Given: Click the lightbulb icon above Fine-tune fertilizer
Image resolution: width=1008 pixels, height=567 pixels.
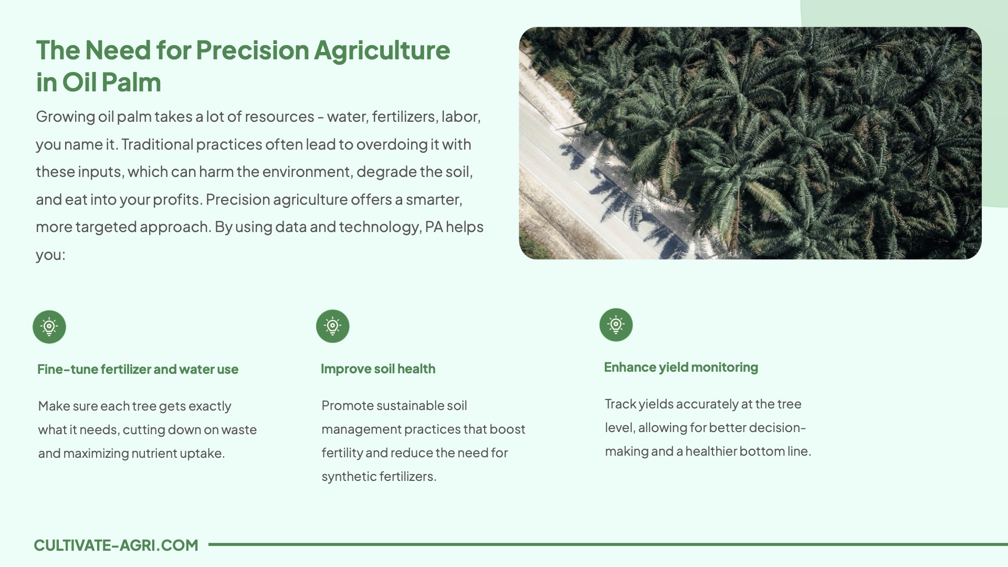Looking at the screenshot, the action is point(49,327).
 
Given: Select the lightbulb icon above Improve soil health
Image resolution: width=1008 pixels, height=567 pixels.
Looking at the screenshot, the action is point(333,326).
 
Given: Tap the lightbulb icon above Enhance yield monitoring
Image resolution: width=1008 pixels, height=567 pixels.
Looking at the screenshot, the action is point(616,324).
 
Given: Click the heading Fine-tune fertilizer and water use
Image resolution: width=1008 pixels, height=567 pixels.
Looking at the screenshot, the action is point(138,369).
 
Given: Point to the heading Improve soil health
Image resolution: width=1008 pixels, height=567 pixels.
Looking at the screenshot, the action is point(378,369).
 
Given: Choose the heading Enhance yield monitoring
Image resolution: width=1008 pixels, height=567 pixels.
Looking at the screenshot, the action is point(681,367).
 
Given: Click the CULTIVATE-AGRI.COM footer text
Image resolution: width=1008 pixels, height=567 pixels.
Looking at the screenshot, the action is point(116,545).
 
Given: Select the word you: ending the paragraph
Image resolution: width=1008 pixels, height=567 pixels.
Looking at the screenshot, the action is point(50,255).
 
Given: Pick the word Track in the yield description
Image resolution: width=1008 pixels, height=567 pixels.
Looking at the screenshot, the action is point(620,404).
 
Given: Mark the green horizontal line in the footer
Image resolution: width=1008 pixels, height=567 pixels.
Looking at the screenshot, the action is point(608,544).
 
